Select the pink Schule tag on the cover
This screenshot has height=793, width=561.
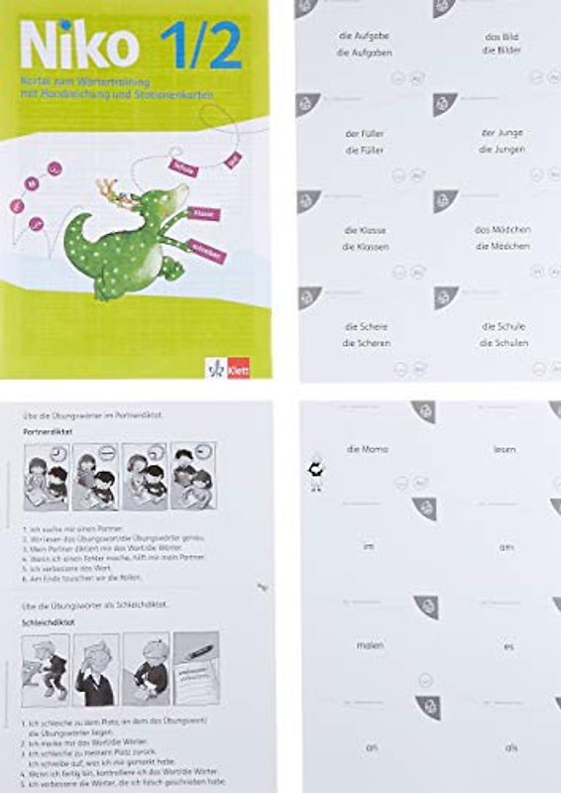[x=183, y=169]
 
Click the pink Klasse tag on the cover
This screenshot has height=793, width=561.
[x=206, y=213]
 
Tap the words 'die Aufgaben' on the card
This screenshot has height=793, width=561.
[x=363, y=53]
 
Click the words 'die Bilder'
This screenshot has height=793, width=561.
[x=504, y=53]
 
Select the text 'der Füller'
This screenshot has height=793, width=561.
[x=365, y=133]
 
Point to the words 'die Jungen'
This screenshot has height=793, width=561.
[x=502, y=150]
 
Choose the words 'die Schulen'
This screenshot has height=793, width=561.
[x=504, y=343]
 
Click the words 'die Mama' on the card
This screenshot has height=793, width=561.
[x=367, y=449]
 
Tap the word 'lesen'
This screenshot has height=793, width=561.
[x=505, y=449]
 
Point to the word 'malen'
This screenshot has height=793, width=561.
[x=371, y=644]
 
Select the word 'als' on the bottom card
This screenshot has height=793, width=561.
[x=509, y=747]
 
